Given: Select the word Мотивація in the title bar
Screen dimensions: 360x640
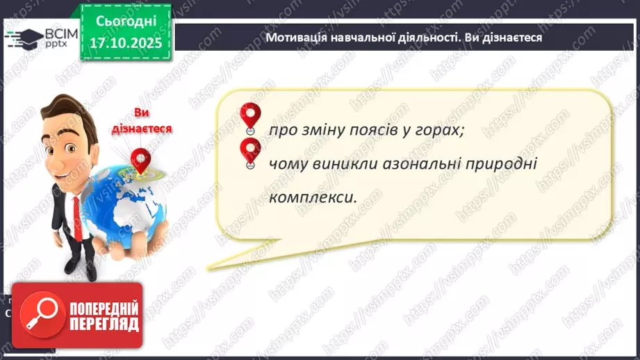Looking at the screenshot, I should pyautogui.click(x=297, y=37).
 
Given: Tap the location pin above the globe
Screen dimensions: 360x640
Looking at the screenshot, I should pyautogui.click(x=141, y=161).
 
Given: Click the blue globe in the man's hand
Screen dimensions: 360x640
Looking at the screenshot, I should pyautogui.click(x=118, y=208).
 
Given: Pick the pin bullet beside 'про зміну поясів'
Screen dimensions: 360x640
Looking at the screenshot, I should pyautogui.click(x=249, y=116).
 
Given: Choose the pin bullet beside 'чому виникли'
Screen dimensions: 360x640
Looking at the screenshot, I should pyautogui.click(x=249, y=152).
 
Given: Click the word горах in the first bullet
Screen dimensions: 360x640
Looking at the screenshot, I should pyautogui.click(x=441, y=131).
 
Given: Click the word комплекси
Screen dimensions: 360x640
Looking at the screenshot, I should pyautogui.click(x=312, y=197).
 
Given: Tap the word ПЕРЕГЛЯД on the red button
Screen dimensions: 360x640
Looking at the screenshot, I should pyautogui.click(x=103, y=324).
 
